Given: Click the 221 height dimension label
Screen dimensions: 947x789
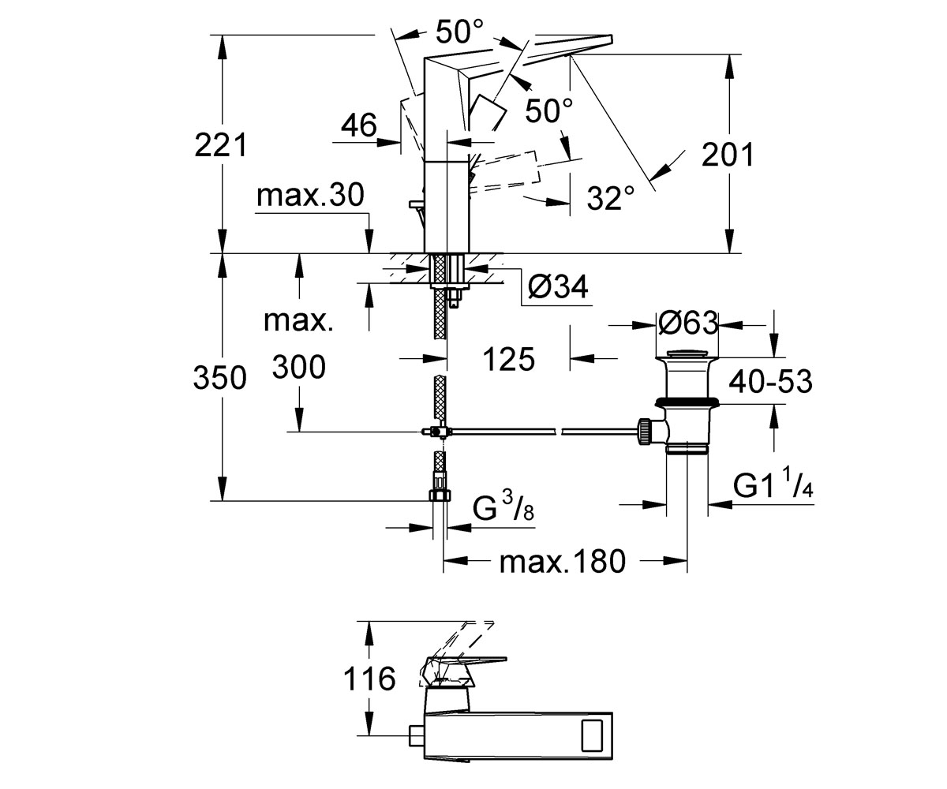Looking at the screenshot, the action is pyautogui.click(x=221, y=145).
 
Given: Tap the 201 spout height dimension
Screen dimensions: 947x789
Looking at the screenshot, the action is pyautogui.click(x=727, y=155).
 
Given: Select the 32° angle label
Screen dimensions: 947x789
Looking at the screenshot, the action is pyautogui.click(x=611, y=198).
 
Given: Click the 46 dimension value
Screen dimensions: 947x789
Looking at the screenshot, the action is pyautogui.click(x=359, y=125).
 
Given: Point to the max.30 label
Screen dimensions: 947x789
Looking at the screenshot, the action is pyautogui.click(x=310, y=195).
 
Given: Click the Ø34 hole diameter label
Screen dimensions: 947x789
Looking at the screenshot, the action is pyautogui.click(x=558, y=286).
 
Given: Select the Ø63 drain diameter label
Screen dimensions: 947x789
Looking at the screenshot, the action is pyautogui.click(x=688, y=323).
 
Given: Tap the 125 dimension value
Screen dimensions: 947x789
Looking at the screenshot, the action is pyautogui.click(x=508, y=360).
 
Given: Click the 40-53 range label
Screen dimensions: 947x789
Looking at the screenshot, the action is pyautogui.click(x=770, y=381).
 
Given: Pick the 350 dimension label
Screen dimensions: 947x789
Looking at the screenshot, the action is pyautogui.click(x=220, y=377).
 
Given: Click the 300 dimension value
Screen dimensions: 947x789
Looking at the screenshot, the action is pyautogui.click(x=299, y=367).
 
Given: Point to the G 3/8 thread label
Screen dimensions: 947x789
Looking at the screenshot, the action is pyautogui.click(x=503, y=507).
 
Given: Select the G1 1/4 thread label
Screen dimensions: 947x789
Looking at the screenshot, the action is pyautogui.click(x=773, y=486).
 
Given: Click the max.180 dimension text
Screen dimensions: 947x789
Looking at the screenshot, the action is pyautogui.click(x=563, y=561).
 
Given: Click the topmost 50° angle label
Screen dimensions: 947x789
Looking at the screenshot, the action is pyautogui.click(x=460, y=32).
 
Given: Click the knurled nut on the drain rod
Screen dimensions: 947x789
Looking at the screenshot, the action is pyautogui.click(x=645, y=432).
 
